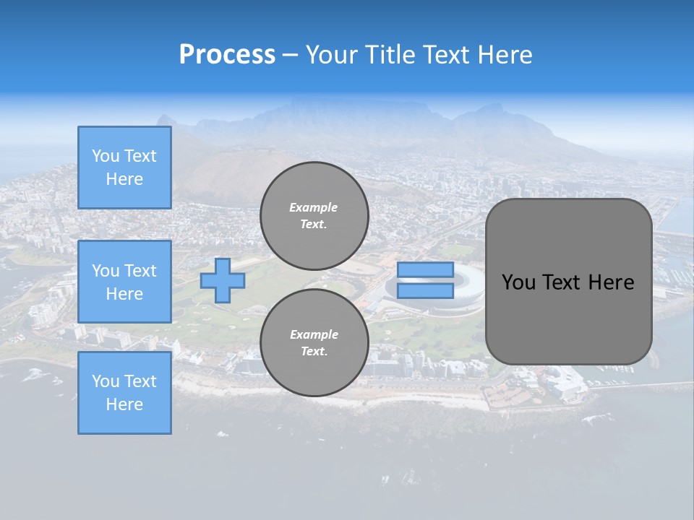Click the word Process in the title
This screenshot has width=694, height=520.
pyautogui.click(x=227, y=55)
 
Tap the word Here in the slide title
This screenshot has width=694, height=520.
pyautogui.click(x=504, y=55)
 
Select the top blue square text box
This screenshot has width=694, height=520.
pyautogui.click(x=124, y=168)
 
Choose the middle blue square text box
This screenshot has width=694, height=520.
pyautogui.click(x=124, y=282)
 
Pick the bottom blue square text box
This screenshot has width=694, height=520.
pyautogui.click(x=124, y=393)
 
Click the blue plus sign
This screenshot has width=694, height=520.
pyautogui.click(x=223, y=281)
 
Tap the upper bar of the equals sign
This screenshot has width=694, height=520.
pyautogui.click(x=425, y=270)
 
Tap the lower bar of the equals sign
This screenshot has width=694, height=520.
pyautogui.click(x=425, y=290)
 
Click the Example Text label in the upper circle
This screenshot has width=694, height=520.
pyautogui.click(x=314, y=215)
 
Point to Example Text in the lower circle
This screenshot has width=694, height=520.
pyautogui.click(x=314, y=342)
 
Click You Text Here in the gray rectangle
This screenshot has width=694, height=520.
pyautogui.click(x=568, y=282)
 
